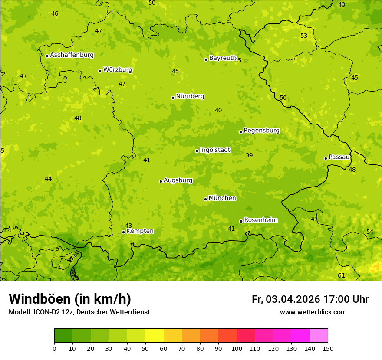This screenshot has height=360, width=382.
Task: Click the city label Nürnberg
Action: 190,96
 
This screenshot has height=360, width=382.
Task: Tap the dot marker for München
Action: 205,199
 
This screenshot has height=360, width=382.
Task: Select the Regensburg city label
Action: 261,131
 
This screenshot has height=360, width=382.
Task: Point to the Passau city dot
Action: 326,158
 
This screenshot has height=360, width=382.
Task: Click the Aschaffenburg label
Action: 72,55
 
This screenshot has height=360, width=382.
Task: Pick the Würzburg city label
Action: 118,70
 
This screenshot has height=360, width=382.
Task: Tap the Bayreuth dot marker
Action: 206,59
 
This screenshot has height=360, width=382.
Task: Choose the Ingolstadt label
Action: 215,150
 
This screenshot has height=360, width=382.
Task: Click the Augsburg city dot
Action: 161,181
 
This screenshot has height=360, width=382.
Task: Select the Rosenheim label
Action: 260,220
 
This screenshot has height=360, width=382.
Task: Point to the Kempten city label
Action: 140,231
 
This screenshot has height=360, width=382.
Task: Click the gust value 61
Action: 341,275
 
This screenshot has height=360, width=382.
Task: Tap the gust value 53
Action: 304,36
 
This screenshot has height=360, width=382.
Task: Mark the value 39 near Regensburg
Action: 249,155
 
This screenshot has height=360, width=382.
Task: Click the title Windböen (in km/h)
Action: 70,299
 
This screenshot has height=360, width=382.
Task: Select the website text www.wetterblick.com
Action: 313,312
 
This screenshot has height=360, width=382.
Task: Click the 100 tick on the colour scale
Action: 237,348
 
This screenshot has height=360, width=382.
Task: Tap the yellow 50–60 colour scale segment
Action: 155,336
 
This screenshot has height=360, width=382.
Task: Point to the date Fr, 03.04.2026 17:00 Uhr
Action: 310,299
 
